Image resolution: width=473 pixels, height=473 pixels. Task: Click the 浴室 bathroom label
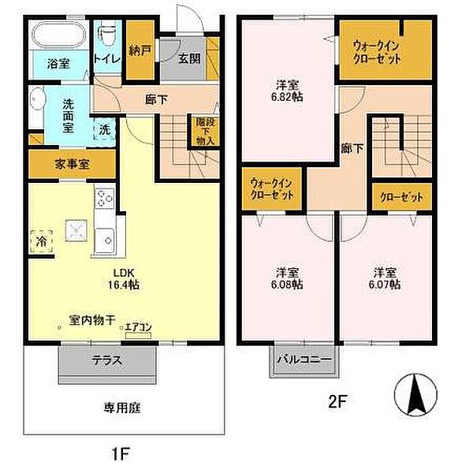(x=58, y=63)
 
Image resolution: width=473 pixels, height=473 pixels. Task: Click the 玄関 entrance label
(x=188, y=58)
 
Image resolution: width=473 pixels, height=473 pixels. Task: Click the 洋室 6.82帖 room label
(x=289, y=91)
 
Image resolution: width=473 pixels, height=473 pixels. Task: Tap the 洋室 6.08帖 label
(x=287, y=277)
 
